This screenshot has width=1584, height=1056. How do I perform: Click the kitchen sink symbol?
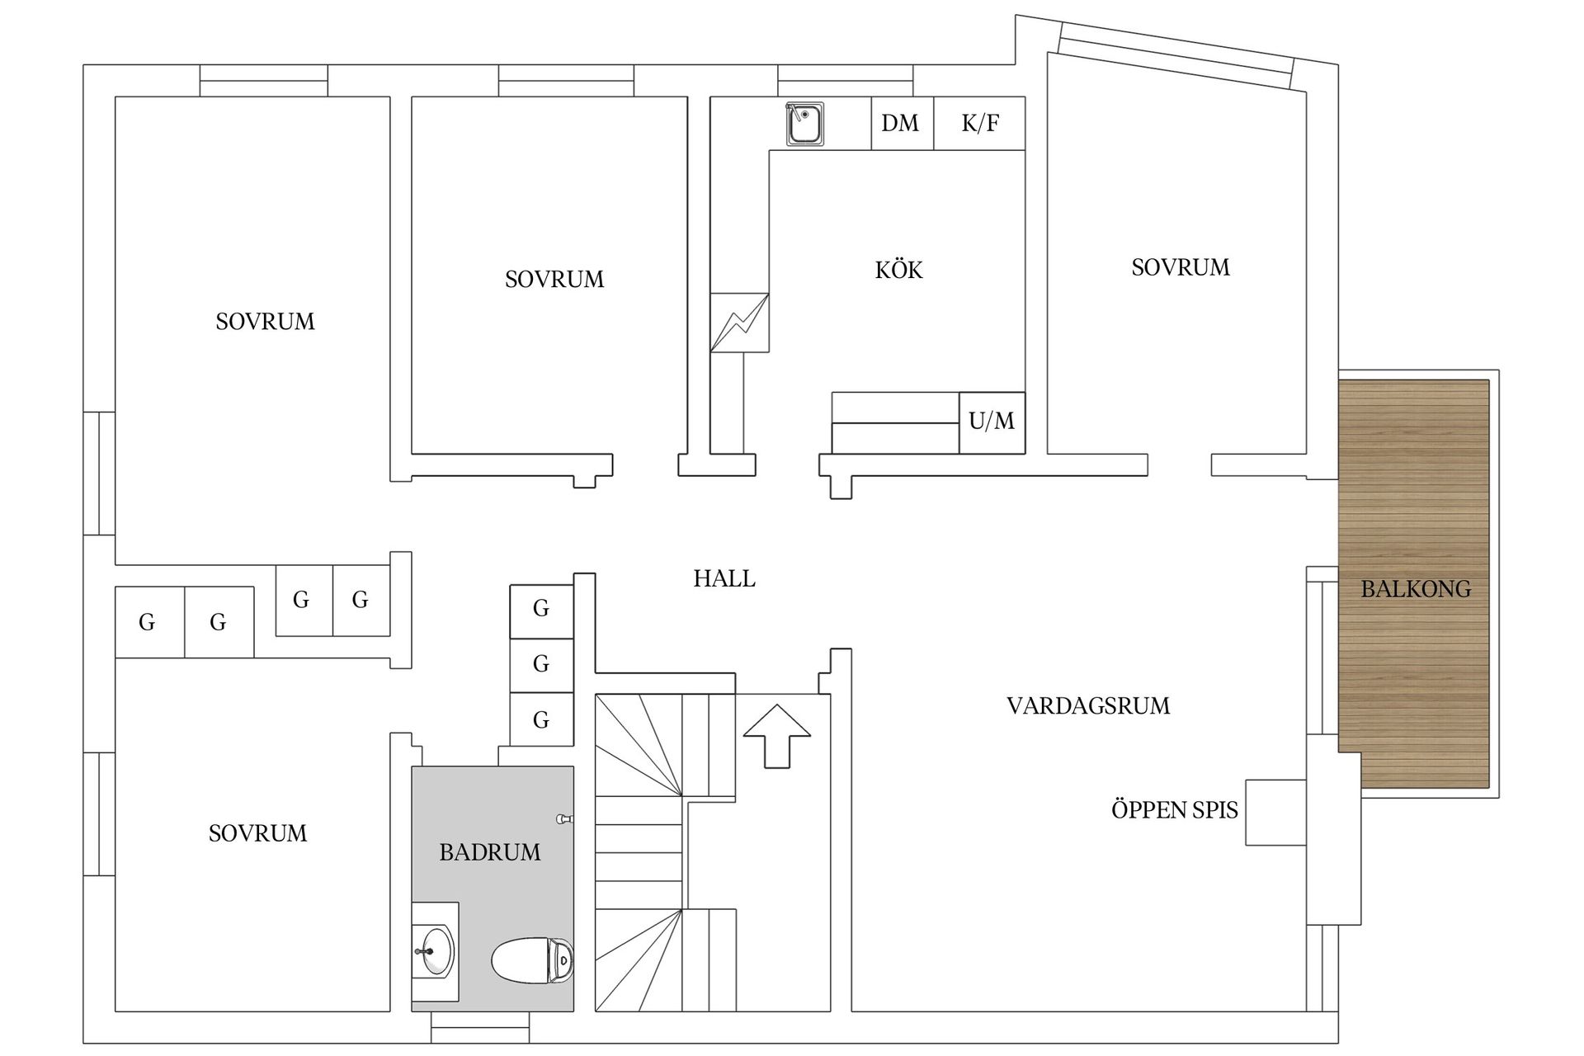[804, 125]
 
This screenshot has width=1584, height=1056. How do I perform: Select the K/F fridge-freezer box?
[980, 124]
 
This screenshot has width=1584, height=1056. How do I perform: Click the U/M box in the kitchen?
[992, 422]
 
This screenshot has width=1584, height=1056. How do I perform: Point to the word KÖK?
[898, 270]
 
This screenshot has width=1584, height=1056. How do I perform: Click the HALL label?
[724, 578]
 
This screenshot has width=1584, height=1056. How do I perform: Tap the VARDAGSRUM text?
[1087, 706]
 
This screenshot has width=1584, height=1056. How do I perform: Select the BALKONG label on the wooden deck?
[1415, 589]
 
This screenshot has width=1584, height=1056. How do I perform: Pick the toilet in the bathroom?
[532, 961]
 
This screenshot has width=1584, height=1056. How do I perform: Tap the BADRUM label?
[490, 852]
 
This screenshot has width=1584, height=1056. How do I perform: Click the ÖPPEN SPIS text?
[1174, 810]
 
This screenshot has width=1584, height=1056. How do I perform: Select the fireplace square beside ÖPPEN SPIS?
[1275, 812]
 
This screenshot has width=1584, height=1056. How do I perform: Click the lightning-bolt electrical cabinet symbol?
[739, 323]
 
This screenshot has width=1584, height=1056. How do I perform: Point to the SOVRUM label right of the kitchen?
[1180, 267]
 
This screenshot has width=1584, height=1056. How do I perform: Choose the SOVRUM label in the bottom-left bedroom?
[257, 833]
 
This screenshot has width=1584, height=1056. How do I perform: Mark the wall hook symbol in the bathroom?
[565, 818]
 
